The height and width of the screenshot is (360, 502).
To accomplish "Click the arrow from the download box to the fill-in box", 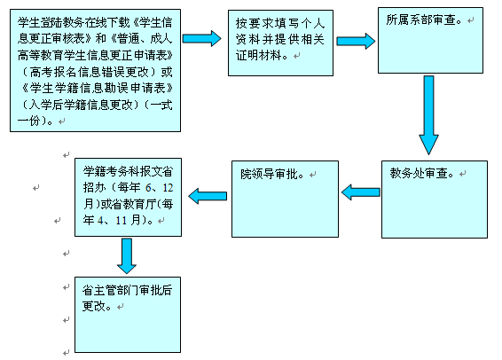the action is (x=201, y=38).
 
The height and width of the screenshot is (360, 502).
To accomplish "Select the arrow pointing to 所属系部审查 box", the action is (x=356, y=41).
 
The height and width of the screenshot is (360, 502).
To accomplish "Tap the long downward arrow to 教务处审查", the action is (x=428, y=115).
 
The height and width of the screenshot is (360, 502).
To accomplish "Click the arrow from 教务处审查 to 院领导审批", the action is (x=361, y=192).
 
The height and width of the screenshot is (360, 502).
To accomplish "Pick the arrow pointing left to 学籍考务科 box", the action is (x=208, y=196).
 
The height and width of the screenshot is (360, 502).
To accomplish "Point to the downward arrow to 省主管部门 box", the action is (x=127, y=256).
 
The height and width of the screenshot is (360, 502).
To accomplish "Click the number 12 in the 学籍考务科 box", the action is (x=168, y=187).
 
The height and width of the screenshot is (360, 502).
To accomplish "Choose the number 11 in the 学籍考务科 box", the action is (x=121, y=220).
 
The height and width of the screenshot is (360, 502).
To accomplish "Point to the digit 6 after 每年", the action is (x=148, y=187).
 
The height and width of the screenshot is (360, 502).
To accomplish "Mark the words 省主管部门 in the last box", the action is (x=110, y=290).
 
